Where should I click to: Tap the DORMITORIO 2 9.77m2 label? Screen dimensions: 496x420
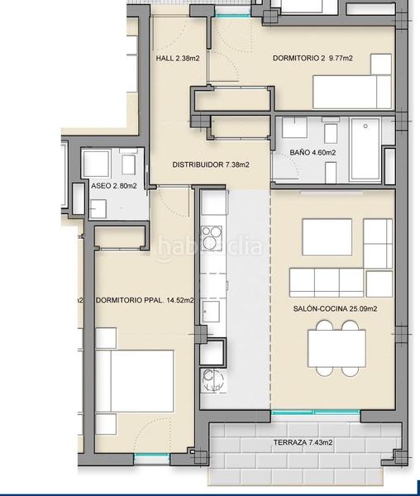(313, 59)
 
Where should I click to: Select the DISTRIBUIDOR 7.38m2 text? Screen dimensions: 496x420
(210, 165)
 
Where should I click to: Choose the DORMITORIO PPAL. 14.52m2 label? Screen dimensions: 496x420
(145, 300)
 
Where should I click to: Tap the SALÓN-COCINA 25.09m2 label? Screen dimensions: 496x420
(335, 308)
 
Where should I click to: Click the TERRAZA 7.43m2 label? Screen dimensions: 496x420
(303, 443)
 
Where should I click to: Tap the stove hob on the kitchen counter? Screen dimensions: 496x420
(212, 238)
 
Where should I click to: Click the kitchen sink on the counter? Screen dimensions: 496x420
(212, 312)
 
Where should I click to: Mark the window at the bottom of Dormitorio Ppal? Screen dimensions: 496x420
(150, 457)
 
